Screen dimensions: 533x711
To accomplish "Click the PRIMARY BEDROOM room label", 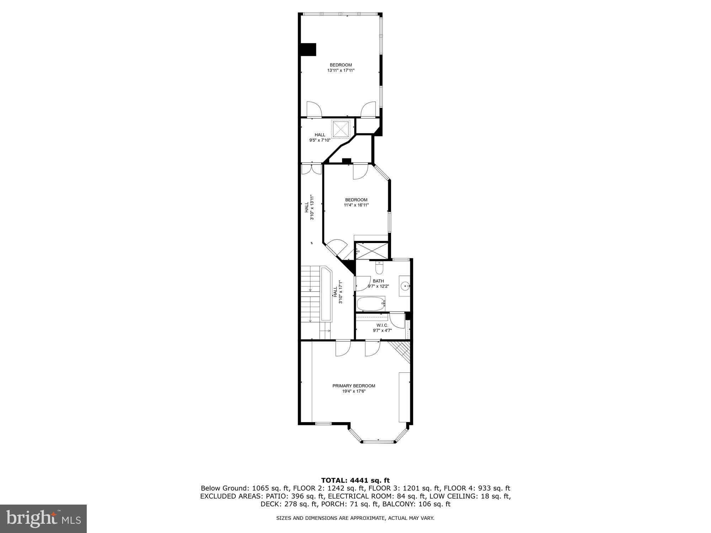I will (354, 386).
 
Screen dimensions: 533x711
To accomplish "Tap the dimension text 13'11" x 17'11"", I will (341, 70).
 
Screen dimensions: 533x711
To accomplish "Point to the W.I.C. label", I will (382, 325).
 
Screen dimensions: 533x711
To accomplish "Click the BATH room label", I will (378, 281).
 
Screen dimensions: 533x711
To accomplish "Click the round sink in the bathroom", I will (405, 285).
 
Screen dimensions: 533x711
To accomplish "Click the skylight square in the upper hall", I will (341, 129).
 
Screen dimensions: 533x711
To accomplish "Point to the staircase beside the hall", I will (311, 295).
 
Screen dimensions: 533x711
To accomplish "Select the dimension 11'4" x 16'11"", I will (356, 205).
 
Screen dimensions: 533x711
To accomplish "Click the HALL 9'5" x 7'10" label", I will (320, 138).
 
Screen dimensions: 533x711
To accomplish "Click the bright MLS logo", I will (43, 519).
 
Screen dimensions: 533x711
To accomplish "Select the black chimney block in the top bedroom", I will (308, 49).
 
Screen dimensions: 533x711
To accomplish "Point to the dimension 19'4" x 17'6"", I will (354, 391).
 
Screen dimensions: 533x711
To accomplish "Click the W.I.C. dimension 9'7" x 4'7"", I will (382, 330).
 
